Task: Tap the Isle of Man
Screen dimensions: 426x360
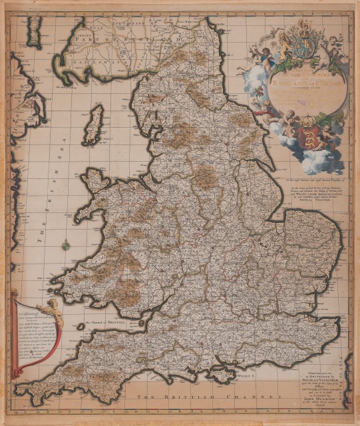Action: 94,124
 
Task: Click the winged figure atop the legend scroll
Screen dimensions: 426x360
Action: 52,307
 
